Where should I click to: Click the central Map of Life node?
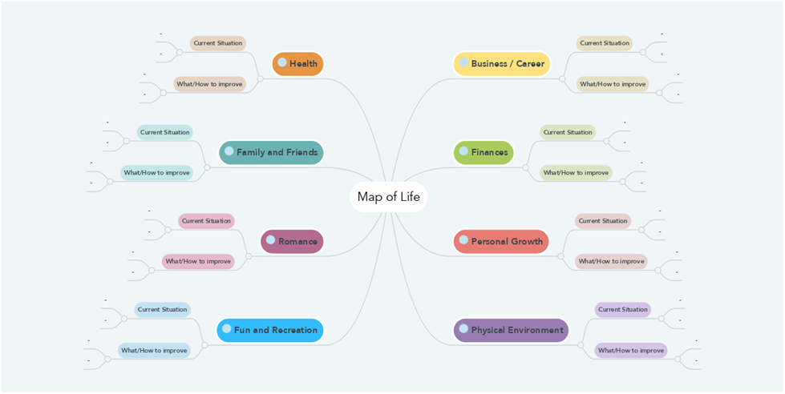pos(388,197)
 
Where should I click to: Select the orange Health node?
pos(298,64)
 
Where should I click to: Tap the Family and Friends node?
pos(271,152)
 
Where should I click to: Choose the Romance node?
pos(292,241)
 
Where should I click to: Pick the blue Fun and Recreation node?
pos(270,330)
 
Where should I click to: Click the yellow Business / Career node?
pos(502,64)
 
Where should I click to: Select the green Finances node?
pos(483,152)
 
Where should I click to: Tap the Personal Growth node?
pos(501,241)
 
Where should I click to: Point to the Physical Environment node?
pos(511,330)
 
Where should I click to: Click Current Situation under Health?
pos(217,43)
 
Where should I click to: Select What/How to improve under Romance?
pos(198,261)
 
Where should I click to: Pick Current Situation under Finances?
pos(568,132)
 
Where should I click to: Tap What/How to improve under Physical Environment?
pos(631,350)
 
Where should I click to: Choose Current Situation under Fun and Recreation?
pos(162,309)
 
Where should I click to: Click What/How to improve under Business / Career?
pos(613,84)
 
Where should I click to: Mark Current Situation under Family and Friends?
pos(164,132)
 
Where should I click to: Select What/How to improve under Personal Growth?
pos(611,261)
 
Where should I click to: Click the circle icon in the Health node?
pos(282,62)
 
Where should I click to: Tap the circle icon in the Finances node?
pos(463,151)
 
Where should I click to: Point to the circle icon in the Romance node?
pos(271,239)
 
